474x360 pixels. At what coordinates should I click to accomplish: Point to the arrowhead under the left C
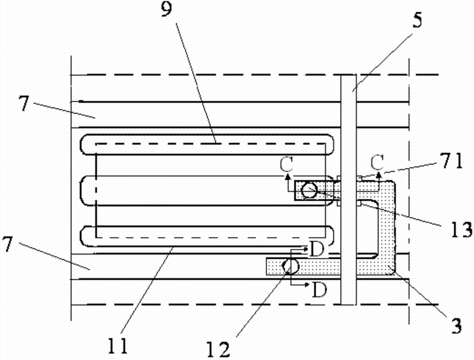(287, 177)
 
